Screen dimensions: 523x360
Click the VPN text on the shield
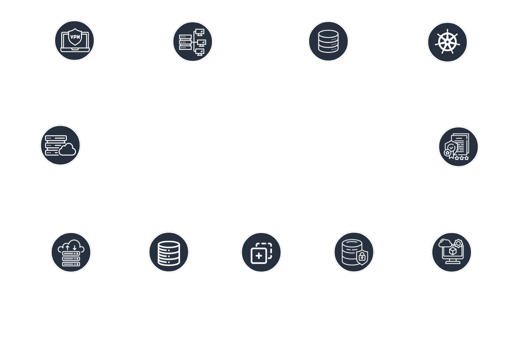[75, 37]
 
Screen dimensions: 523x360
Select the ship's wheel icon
[447, 42]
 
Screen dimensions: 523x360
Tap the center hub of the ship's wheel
[447, 42]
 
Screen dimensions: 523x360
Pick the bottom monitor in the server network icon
[200, 52]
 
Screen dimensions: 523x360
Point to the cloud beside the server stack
[68, 150]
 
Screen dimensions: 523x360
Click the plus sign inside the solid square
[259, 256]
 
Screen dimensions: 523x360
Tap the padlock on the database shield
[362, 256]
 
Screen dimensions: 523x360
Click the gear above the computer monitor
[458, 244]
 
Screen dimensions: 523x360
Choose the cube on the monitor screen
[453, 251]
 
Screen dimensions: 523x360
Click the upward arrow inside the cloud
[68, 248]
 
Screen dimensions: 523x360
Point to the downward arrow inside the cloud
[74, 248]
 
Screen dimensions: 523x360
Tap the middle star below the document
[462, 158]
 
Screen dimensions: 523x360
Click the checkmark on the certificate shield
[451, 148]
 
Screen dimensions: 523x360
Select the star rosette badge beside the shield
[447, 153]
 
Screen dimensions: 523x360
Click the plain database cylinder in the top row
[328, 41]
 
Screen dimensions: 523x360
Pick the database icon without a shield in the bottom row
[169, 253]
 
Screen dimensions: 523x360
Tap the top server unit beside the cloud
[56, 138]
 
